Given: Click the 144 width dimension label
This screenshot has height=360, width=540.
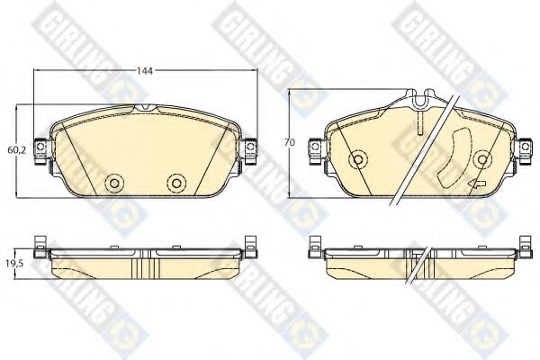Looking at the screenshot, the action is [x=145, y=71].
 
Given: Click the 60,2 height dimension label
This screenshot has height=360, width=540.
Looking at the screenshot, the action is [x=17, y=150].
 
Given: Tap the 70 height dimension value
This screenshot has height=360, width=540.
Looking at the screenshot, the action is [x=290, y=142].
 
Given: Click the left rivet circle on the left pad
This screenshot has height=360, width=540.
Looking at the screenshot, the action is [x=114, y=183].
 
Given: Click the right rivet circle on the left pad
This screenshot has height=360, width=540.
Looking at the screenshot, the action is [x=176, y=183].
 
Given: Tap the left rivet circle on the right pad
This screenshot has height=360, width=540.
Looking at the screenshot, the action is [x=358, y=159].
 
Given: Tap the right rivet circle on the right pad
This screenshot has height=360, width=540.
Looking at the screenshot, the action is [x=482, y=159].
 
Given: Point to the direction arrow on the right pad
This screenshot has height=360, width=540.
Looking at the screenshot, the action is [x=477, y=184].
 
